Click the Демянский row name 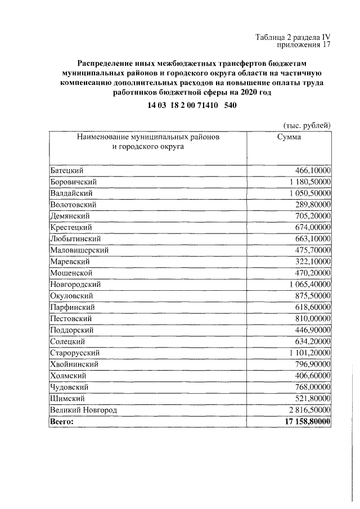70,215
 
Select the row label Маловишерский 79,250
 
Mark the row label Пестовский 71,318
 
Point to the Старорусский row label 75,353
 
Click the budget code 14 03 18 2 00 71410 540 188,105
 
